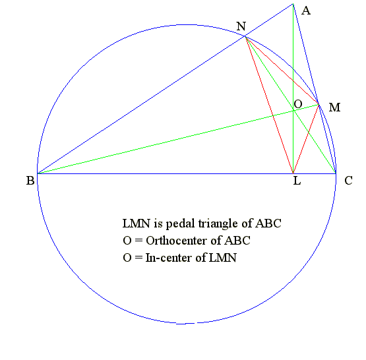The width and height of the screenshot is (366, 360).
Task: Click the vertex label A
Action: click(306, 11)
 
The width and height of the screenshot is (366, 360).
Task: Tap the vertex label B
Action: click(30, 181)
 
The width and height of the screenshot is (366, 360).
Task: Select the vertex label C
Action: click(348, 181)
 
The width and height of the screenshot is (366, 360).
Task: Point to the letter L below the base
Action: click(297, 181)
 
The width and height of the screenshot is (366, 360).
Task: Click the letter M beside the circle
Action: click(334, 107)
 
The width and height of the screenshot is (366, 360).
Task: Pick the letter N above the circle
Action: click(241, 26)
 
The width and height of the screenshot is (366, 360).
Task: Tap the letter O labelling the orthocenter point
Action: click(298, 104)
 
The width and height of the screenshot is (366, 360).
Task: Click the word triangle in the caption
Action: click(218, 224)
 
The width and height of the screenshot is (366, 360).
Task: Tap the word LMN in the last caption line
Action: click(222, 258)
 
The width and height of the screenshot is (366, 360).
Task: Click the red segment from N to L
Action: click(269, 105)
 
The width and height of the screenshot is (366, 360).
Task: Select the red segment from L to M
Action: click(306, 139)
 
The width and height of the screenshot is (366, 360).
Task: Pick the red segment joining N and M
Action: click(282, 71)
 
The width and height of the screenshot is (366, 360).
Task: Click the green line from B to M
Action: click(178, 139)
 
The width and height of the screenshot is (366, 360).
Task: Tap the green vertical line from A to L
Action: click(293, 88)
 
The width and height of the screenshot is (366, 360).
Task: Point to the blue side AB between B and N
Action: click(141, 105)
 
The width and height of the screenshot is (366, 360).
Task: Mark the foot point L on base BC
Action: click(293, 173)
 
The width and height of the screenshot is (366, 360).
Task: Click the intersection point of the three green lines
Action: click(293, 110)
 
